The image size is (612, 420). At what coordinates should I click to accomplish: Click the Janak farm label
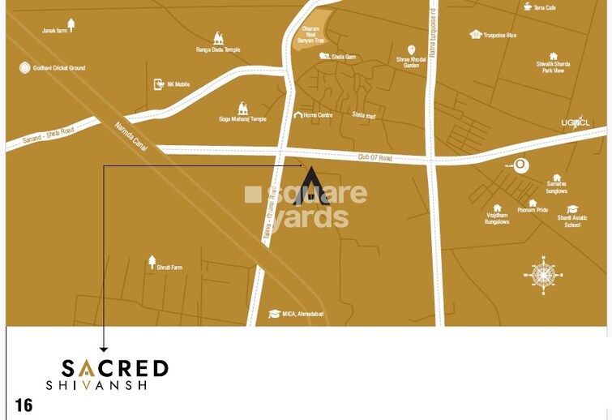[55, 31]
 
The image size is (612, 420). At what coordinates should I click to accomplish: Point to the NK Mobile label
[178, 84]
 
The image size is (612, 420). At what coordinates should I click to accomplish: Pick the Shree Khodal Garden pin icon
[412, 49]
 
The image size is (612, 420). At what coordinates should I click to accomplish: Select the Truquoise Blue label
[499, 35]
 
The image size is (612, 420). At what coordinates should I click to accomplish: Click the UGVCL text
[577, 123]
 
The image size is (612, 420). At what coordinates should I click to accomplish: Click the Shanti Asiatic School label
[572, 221]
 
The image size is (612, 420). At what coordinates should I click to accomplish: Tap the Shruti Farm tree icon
[152, 260]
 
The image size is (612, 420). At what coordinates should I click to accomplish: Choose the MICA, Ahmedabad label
[302, 314]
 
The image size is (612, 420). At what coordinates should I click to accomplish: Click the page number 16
[24, 405]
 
